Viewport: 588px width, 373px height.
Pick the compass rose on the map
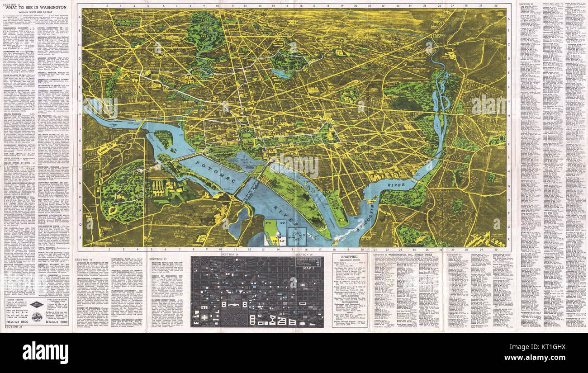click(297, 236)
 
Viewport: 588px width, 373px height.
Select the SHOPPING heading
click(350, 256)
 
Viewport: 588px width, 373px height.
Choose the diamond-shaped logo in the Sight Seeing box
click(37, 304)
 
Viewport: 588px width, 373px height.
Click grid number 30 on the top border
click(496, 6)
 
